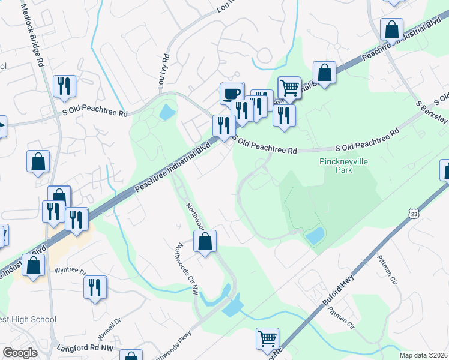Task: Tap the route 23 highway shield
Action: point(412,214)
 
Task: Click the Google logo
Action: point(20,352)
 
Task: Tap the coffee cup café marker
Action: point(232,93)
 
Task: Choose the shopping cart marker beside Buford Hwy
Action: point(267,338)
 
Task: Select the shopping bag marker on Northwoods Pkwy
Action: point(205,241)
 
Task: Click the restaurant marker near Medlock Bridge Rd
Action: point(64,86)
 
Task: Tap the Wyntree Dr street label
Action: point(71,271)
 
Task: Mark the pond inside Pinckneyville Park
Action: point(315,235)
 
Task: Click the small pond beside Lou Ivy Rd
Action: point(166,112)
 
